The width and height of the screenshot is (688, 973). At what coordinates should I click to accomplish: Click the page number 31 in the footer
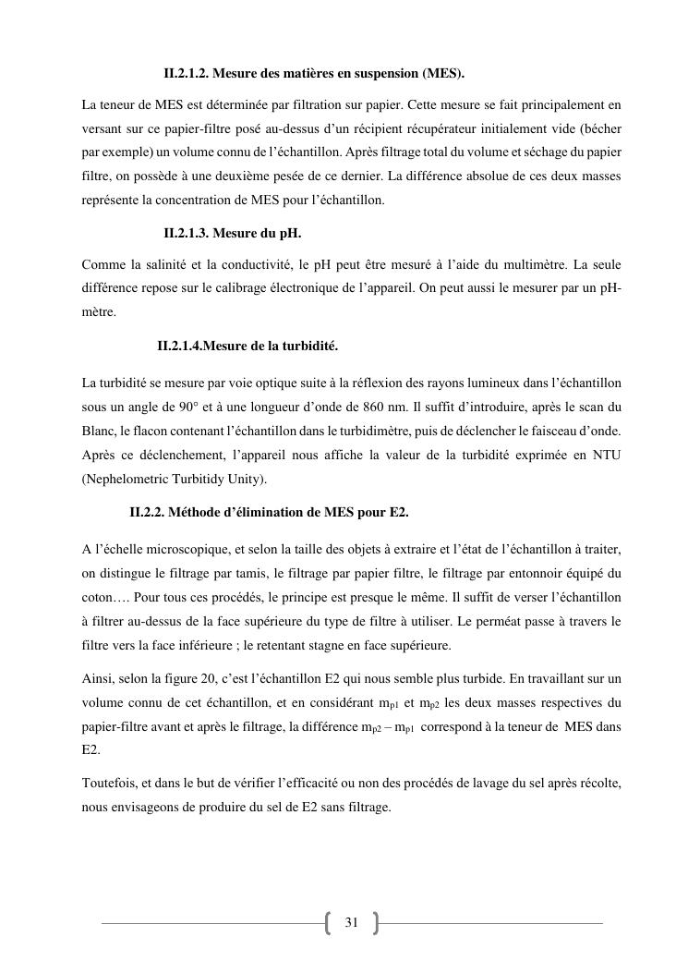point(351,922)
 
